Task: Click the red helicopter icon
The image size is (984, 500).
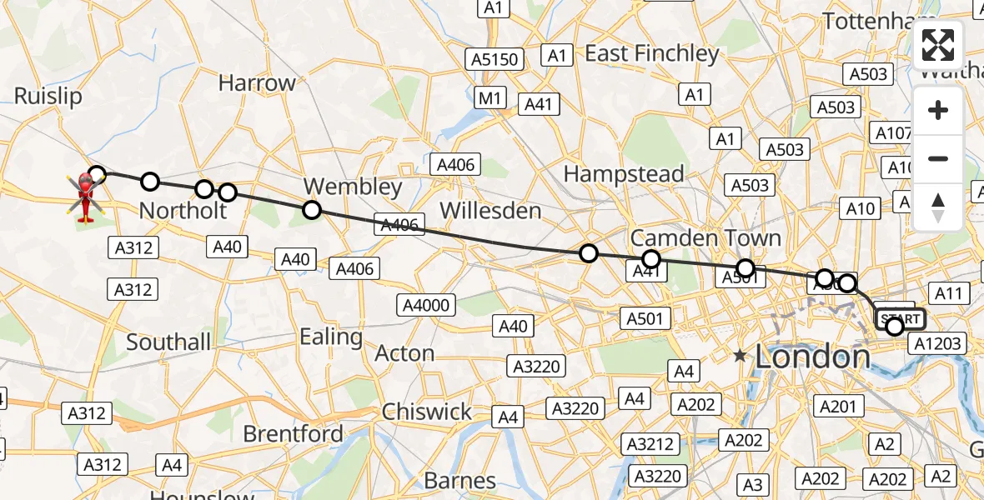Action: coord(85,196)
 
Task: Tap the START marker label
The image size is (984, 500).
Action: coord(900,319)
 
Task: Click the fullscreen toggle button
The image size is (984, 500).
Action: coord(938,45)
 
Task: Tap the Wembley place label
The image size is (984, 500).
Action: coord(353,186)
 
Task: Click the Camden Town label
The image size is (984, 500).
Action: coord(705,237)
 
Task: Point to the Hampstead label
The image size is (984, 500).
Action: coord(624,174)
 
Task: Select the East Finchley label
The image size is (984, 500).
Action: coord(651,54)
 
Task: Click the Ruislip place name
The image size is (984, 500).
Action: coord(48,97)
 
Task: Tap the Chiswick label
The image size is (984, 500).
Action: coord(427,412)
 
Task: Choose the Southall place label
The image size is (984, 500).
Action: coord(168,342)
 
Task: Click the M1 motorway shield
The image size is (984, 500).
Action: coord(491,98)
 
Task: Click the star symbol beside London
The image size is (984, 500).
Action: coord(740,357)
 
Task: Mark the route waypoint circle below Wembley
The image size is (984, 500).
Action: coord(312,210)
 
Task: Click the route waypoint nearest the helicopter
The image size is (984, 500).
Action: coord(97,174)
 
